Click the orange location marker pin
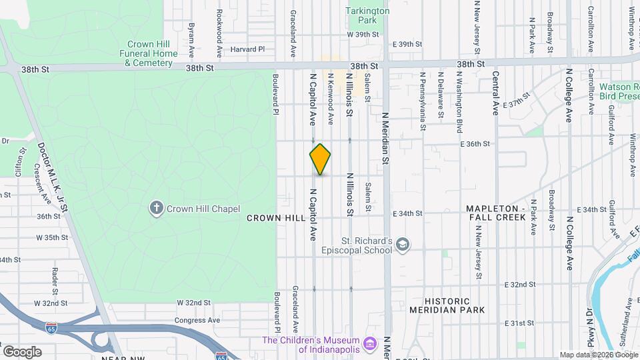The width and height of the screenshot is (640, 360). click(320, 159)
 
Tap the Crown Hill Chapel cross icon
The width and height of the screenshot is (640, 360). click(157, 209)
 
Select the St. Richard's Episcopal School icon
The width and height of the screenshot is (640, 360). click(403, 246)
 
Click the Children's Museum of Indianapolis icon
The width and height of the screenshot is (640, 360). click(371, 345)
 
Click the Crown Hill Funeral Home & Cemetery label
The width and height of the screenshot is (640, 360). click(148, 53)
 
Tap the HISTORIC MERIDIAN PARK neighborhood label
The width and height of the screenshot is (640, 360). click(455, 306)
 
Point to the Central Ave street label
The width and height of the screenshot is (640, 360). click(495, 94)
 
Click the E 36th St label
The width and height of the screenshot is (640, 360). click(475, 143)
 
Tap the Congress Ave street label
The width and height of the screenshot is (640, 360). click(197, 320)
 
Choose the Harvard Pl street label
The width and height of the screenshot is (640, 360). click(247, 49)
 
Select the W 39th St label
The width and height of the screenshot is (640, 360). click(363, 34)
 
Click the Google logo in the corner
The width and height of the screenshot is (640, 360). click(22, 351)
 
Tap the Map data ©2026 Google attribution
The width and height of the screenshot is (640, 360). click(599, 355)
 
